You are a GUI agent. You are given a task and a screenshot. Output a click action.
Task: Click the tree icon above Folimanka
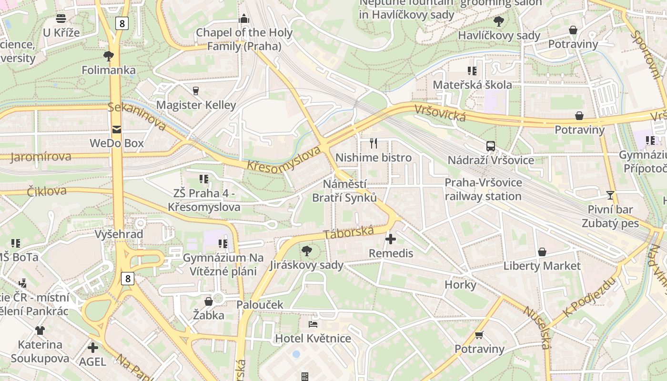point(109,56)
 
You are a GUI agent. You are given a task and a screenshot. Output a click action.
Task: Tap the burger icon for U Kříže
point(61,19)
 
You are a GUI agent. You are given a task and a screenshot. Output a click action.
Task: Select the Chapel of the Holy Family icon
point(244,19)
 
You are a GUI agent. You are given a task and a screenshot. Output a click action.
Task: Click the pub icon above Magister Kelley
point(196,90)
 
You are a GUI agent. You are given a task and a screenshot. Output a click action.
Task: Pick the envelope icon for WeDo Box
point(117,129)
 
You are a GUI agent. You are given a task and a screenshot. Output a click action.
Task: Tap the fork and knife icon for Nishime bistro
point(374,143)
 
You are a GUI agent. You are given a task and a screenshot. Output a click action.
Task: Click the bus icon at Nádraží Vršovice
point(490,146)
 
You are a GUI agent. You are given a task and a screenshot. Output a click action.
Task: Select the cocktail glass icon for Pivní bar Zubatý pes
point(610,195)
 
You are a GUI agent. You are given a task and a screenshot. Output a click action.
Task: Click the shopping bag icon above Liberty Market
point(542,251)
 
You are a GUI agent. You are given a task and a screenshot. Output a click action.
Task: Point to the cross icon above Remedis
point(391,239)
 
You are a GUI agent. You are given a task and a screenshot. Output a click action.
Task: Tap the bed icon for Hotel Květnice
point(313,324)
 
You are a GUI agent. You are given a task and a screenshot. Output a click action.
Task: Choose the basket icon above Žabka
point(208,301)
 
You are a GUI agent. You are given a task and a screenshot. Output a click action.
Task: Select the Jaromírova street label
point(40,157)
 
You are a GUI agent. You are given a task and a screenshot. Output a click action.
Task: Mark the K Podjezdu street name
point(589,297)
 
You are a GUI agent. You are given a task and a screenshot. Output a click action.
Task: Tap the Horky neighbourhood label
point(460,284)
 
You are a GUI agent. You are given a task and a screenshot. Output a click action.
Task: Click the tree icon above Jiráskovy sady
point(307,251)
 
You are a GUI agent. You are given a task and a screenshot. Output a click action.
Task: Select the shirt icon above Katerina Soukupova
point(40,330)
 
